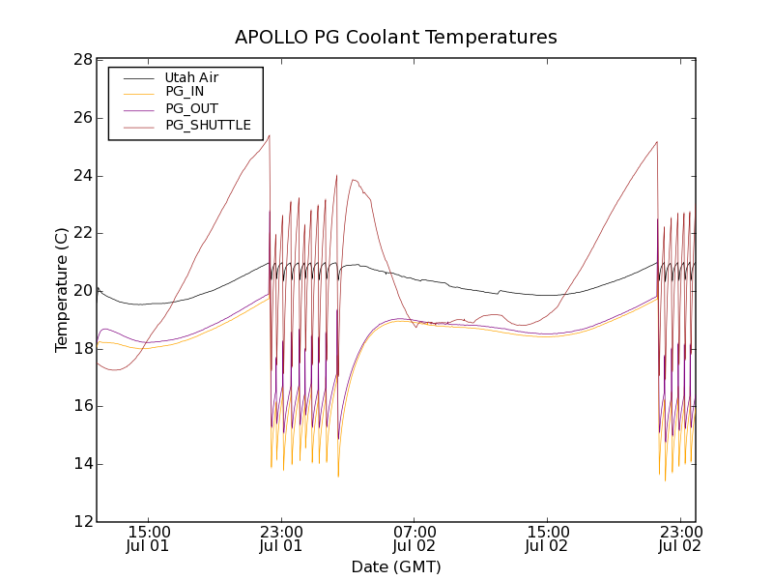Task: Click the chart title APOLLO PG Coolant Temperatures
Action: point(395,38)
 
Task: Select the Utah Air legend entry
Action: point(191,76)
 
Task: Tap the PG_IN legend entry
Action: point(185,92)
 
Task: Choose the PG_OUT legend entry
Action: point(191,108)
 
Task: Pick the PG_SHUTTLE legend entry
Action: point(208,125)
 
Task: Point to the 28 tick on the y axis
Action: point(81,60)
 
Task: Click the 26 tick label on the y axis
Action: point(81,118)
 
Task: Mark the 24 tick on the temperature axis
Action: point(81,176)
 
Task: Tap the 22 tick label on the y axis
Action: point(81,233)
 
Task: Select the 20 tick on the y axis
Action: point(81,291)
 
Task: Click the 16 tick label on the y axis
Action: point(81,406)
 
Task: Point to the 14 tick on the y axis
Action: point(81,464)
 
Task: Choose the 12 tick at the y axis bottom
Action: point(81,522)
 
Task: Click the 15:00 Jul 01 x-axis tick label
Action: point(149,538)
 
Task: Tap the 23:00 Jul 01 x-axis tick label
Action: point(282,538)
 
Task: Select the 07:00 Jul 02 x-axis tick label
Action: point(415,538)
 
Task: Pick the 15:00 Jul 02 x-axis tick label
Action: point(548,538)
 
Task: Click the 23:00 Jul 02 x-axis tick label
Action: point(680,538)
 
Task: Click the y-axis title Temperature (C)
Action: point(62,290)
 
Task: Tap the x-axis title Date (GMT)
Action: point(395,566)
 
